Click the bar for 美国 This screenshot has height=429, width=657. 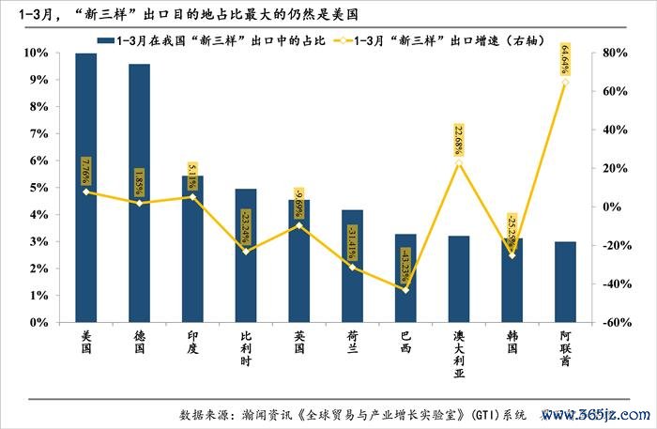(x=85, y=188)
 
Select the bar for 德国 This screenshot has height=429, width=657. (x=139, y=192)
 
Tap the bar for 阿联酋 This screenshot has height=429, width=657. (x=565, y=282)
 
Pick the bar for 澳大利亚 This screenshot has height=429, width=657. (x=459, y=279)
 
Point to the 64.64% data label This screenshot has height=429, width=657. (x=564, y=59)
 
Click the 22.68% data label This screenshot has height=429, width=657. (x=459, y=139)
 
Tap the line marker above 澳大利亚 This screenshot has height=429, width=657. (x=459, y=163)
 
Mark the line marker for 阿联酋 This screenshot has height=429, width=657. (x=565, y=83)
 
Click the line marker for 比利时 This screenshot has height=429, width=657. (x=246, y=251)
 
